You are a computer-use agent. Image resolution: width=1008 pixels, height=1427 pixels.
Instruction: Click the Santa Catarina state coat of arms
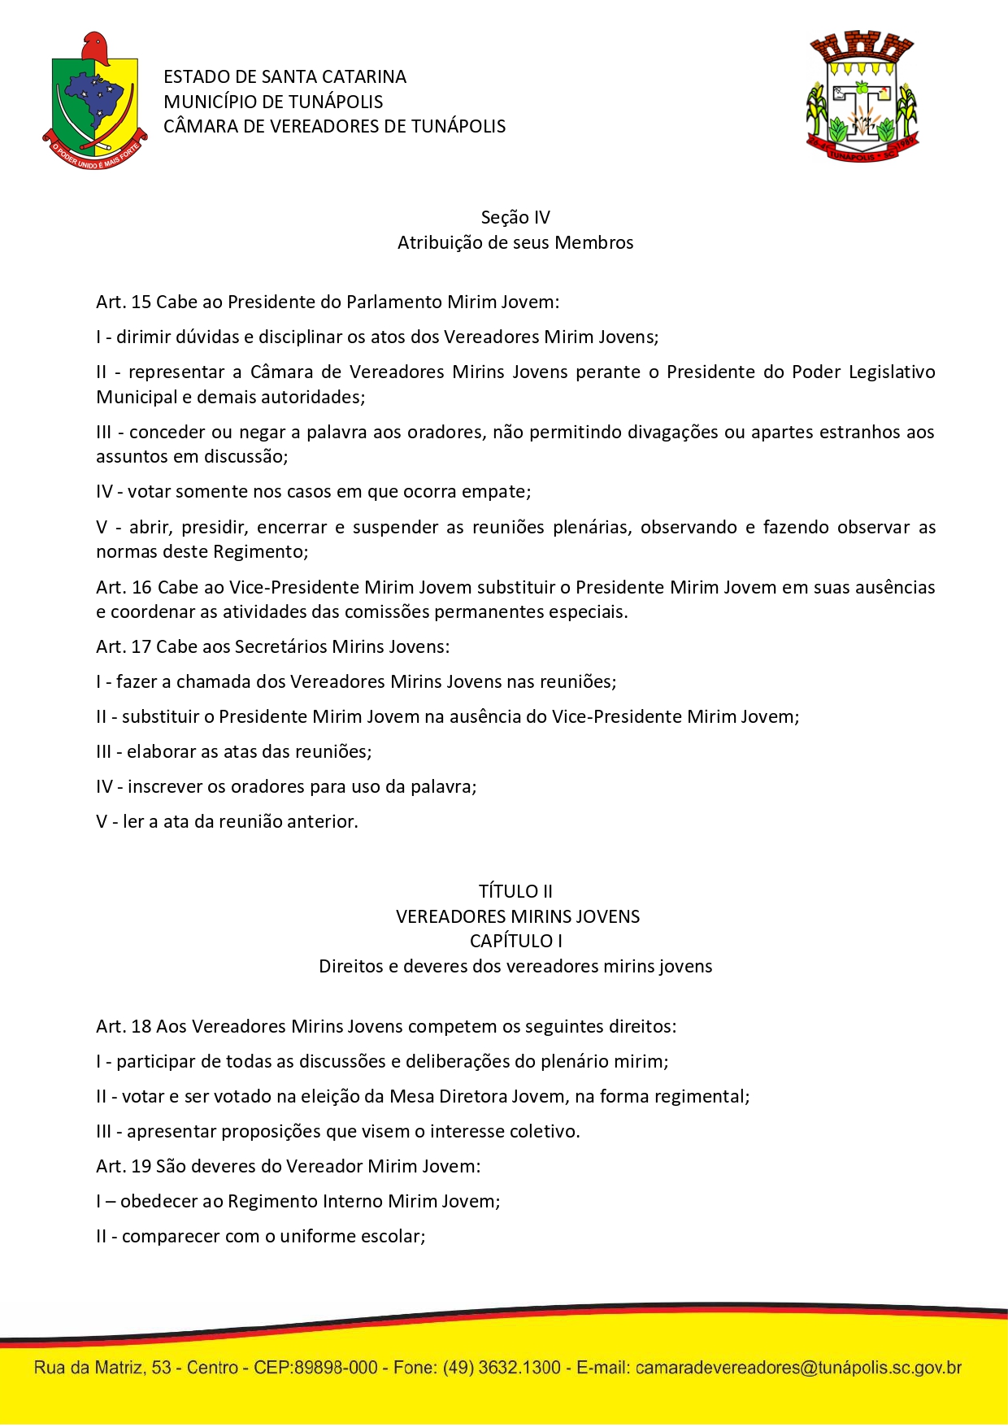coord(94,101)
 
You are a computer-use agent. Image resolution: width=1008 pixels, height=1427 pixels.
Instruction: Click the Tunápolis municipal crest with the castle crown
coord(862,96)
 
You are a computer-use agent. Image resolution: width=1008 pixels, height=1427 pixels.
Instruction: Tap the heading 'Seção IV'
coord(515,217)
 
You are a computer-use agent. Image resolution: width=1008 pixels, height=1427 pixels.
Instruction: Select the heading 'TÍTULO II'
coord(515,891)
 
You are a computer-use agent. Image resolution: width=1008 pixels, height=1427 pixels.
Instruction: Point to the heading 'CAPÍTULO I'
coord(515,941)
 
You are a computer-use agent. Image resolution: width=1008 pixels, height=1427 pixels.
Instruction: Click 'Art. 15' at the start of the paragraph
coord(124,302)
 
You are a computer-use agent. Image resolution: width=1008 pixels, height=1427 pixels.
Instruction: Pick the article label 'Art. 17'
coord(124,647)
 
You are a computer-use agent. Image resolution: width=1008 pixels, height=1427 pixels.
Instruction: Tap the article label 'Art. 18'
coord(124,1026)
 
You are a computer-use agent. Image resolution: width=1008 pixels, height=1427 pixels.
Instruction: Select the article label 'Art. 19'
coord(124,1166)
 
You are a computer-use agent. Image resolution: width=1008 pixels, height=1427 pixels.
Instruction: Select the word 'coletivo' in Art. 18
coord(545,1132)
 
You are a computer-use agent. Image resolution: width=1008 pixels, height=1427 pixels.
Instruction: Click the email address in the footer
coord(798,1368)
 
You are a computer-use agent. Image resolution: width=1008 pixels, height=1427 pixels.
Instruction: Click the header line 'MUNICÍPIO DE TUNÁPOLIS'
coord(273,102)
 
